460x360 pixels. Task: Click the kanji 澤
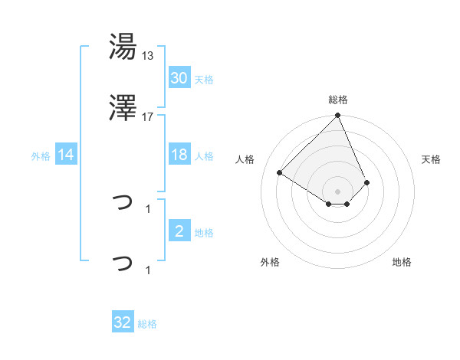[x=123, y=110]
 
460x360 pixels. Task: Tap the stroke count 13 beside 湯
[x=148, y=55]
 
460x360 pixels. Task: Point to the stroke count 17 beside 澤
[x=148, y=116]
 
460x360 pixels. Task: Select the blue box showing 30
[x=179, y=78]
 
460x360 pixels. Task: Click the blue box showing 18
[x=179, y=155]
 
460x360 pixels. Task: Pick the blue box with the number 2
[x=179, y=231]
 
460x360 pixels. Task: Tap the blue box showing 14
[x=66, y=155]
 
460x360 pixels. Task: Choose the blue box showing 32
[x=123, y=322]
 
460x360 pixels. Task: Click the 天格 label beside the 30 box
[x=203, y=80]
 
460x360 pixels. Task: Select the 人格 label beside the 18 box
[x=203, y=156]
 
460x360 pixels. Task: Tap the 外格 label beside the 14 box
[x=41, y=156]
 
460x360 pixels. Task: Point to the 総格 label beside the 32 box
[x=146, y=324]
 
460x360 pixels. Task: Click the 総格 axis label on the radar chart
[x=338, y=100]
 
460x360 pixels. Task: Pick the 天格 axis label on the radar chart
[x=431, y=159]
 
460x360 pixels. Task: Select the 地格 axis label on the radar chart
[x=402, y=262]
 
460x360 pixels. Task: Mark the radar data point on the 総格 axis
[x=338, y=116]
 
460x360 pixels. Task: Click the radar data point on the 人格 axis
[x=280, y=172]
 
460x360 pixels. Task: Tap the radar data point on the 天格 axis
[x=367, y=182]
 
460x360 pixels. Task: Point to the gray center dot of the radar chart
[x=338, y=191]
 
